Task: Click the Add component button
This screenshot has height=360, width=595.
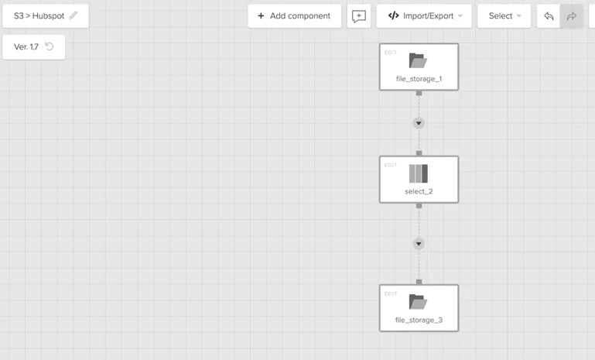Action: tap(294, 16)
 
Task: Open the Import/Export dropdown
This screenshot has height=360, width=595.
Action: tap(424, 16)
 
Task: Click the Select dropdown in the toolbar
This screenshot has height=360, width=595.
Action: tap(504, 16)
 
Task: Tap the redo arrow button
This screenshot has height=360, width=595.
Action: tap(572, 16)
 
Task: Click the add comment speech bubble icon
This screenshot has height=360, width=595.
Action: tap(358, 16)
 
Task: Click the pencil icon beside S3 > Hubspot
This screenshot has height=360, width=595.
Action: tap(74, 15)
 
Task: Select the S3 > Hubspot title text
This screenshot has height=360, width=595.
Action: tap(39, 16)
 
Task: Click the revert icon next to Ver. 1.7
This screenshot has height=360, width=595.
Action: tap(50, 46)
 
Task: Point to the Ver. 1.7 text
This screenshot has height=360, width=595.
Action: tap(26, 46)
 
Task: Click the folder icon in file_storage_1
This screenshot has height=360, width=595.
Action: tap(418, 60)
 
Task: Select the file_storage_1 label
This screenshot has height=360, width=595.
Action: tap(419, 79)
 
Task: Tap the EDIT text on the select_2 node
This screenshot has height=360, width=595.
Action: tap(391, 165)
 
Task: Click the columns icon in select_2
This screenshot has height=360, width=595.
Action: tap(418, 173)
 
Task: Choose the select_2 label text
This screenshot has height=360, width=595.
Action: tap(419, 191)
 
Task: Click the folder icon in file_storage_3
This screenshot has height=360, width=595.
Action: tap(418, 302)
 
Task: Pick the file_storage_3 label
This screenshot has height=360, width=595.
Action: tap(419, 320)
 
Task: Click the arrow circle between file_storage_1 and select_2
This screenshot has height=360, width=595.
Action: tap(419, 123)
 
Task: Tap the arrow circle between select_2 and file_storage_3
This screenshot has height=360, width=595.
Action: tap(419, 244)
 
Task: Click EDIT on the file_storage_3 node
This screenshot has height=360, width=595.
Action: tap(391, 293)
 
